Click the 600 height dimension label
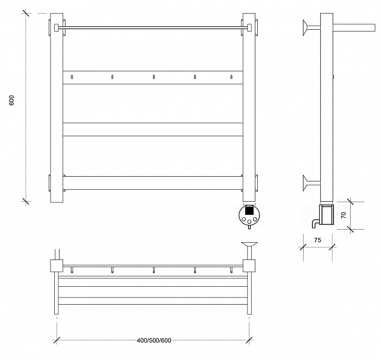(x=11, y=101)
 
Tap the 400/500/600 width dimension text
(x=154, y=340)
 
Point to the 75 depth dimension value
(x=317, y=240)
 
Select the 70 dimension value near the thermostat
(x=343, y=215)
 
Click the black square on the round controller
(x=249, y=211)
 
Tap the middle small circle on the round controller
(x=249, y=221)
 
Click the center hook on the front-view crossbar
(x=154, y=77)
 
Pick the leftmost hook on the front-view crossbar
(x=71, y=77)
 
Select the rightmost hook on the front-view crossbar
(x=232, y=77)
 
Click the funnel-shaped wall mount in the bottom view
(x=249, y=244)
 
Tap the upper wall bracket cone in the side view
(x=305, y=28)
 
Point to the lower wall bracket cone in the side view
(x=305, y=183)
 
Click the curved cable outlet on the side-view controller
(x=315, y=224)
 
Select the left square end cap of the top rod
(x=57, y=27)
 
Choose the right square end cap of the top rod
(x=249, y=27)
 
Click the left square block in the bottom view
(x=57, y=265)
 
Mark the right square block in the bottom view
(x=249, y=265)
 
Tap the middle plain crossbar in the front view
(x=153, y=129)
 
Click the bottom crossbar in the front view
(x=153, y=183)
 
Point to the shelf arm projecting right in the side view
(x=354, y=27)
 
